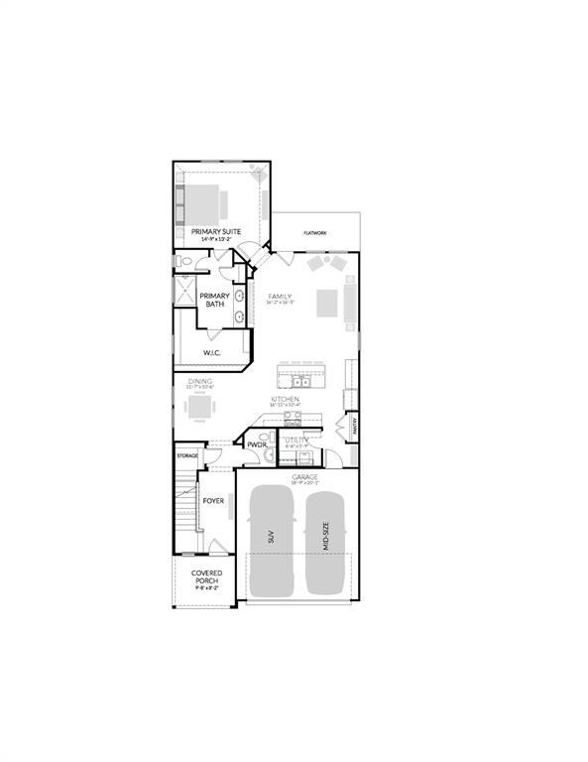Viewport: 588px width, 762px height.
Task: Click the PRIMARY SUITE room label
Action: [x=217, y=231]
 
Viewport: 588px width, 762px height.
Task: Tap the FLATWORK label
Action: [x=316, y=233]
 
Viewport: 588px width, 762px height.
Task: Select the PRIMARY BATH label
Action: [x=215, y=300]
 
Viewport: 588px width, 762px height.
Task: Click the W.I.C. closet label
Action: [x=211, y=352]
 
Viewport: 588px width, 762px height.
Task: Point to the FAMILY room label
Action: [x=281, y=296]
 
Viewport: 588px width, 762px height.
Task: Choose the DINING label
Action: [x=202, y=381]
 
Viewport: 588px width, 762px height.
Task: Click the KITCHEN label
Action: [x=285, y=399]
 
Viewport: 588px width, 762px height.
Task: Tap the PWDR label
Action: [x=257, y=445]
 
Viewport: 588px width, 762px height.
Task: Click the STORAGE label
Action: [x=187, y=455]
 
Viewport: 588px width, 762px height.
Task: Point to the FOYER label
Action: [x=213, y=501]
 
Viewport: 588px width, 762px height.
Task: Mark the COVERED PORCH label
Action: [x=206, y=577]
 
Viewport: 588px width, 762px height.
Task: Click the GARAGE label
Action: [x=304, y=477]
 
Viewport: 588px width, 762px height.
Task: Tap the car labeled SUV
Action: [x=270, y=541]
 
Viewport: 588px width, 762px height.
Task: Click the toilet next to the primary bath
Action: [x=183, y=261]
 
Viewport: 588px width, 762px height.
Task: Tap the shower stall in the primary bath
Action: [x=185, y=291]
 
